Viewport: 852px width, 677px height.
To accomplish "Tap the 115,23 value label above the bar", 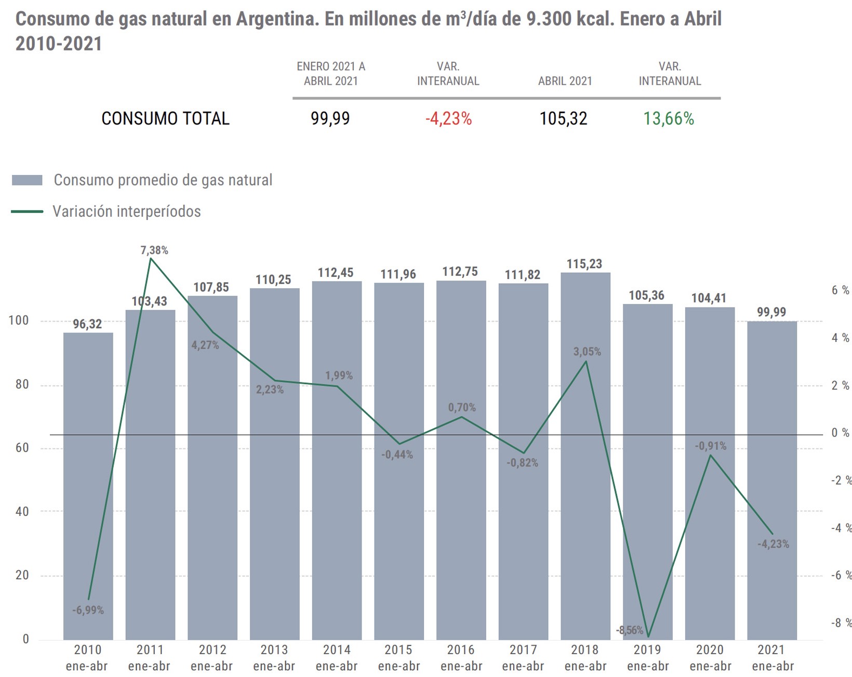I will point(584,264).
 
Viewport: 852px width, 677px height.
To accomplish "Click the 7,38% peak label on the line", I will point(154,250).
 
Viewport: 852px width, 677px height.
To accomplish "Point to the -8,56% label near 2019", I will point(630,630).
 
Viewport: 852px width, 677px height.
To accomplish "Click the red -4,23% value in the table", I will point(448,119).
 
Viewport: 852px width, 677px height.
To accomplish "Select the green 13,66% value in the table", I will point(669,119).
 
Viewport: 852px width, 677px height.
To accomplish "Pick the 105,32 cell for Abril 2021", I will point(563,119).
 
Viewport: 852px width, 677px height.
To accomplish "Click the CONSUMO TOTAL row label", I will point(165,119).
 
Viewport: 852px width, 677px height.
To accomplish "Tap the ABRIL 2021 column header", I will point(565,81).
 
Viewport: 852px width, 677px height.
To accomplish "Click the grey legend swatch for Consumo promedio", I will point(27,180).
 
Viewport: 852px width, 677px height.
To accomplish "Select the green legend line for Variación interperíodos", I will point(27,211).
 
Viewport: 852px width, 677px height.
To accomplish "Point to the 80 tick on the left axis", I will point(22,385).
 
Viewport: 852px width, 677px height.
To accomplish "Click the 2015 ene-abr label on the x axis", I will point(398,658).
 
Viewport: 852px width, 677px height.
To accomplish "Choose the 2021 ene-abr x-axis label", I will point(772,658).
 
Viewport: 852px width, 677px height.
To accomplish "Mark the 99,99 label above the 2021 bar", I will point(771,312).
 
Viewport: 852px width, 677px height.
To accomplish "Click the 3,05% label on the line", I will point(587,352).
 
